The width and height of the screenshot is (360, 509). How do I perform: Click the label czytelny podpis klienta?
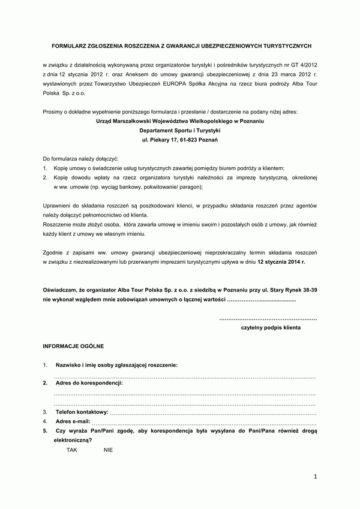[271, 329]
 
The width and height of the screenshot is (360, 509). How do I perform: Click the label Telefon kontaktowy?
[82, 412]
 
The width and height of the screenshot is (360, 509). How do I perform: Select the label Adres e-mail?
[76, 421]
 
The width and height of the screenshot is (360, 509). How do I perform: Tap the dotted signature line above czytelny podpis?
[268, 319]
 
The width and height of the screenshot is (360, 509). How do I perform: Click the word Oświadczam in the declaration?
[60, 290]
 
